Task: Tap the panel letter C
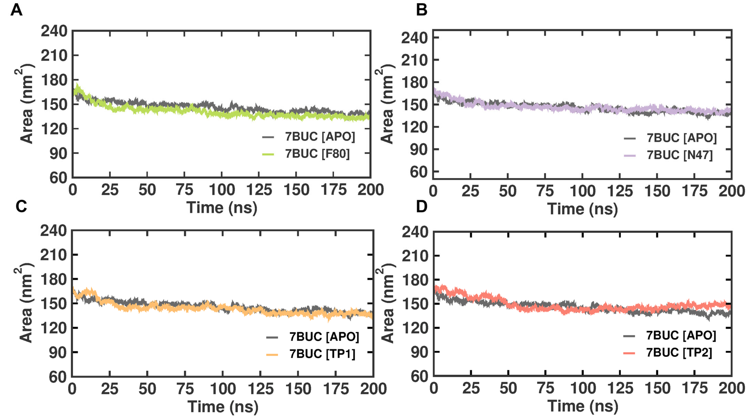pyautogui.click(x=21, y=206)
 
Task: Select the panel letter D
pyautogui.click(x=422, y=206)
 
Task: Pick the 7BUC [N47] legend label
pyautogui.click(x=679, y=155)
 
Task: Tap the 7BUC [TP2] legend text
pyautogui.click(x=679, y=353)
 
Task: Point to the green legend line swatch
pyautogui.click(x=268, y=154)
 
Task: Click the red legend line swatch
pyautogui.click(x=629, y=353)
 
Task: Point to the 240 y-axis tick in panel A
pyautogui.click(x=54, y=31)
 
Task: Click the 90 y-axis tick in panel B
pyautogui.click(x=418, y=149)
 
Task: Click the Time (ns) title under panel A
pyautogui.click(x=222, y=208)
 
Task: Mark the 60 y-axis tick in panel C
pyautogui.click(x=58, y=377)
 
